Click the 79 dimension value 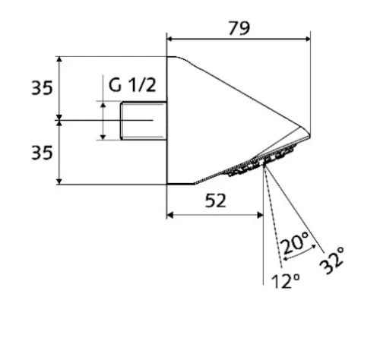point(239,28)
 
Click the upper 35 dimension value point(42,88)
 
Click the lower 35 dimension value point(42,153)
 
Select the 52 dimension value point(215,201)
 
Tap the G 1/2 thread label point(132,85)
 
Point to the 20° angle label point(295,242)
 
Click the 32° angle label point(332,261)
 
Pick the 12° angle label point(286,281)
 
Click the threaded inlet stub point(144,121)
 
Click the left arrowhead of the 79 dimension point(169,39)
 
